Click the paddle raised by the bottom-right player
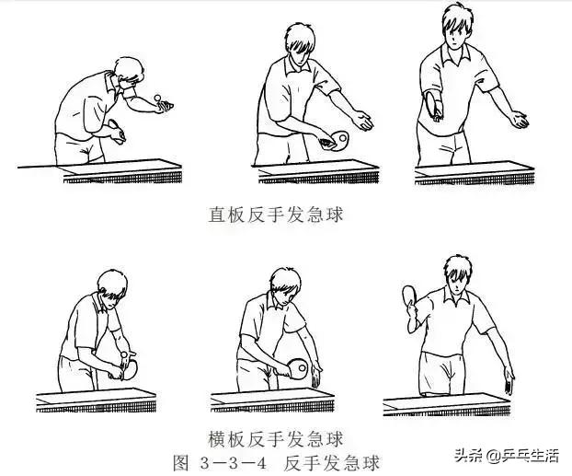coord(409,297)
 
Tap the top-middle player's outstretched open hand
coord(365,121)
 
